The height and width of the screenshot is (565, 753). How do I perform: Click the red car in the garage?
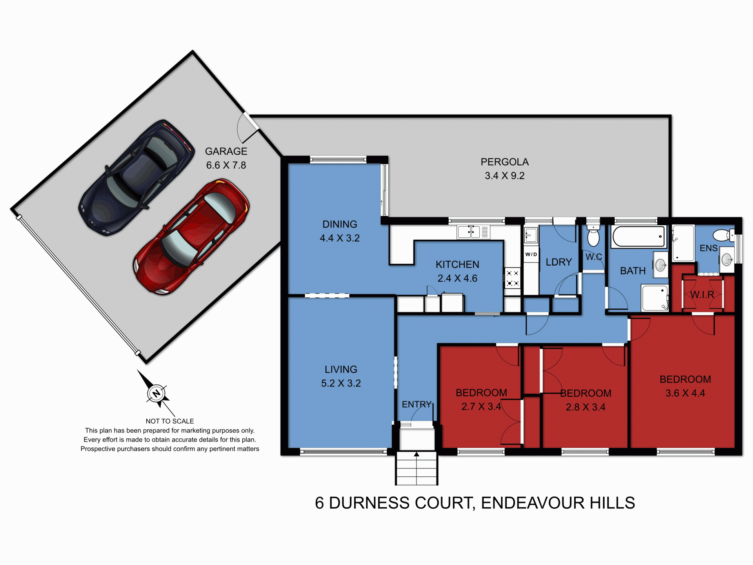pos(191,237)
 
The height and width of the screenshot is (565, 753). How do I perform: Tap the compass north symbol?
pos(156,393)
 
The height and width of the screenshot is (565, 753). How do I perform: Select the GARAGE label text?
pos(226,151)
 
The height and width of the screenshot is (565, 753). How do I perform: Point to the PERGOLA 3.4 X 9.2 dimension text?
pos(504,176)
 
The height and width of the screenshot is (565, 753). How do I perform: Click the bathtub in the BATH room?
pos(639,237)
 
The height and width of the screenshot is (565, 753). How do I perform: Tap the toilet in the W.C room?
pos(593,237)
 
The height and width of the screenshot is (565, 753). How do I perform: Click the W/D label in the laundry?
pos(531,254)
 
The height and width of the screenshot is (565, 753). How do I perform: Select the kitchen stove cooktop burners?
pos(512,278)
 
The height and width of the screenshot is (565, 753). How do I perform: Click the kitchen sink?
pos(469,232)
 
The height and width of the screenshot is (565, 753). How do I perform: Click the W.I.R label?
pos(702,295)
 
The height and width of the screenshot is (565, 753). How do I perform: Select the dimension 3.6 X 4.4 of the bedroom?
pos(685,393)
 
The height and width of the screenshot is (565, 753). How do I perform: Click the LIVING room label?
pos(341,369)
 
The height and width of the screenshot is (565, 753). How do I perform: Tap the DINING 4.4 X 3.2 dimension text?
pos(340,238)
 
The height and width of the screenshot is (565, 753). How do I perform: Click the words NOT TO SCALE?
pos(170,421)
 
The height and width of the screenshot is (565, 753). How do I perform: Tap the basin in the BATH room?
pos(660,265)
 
